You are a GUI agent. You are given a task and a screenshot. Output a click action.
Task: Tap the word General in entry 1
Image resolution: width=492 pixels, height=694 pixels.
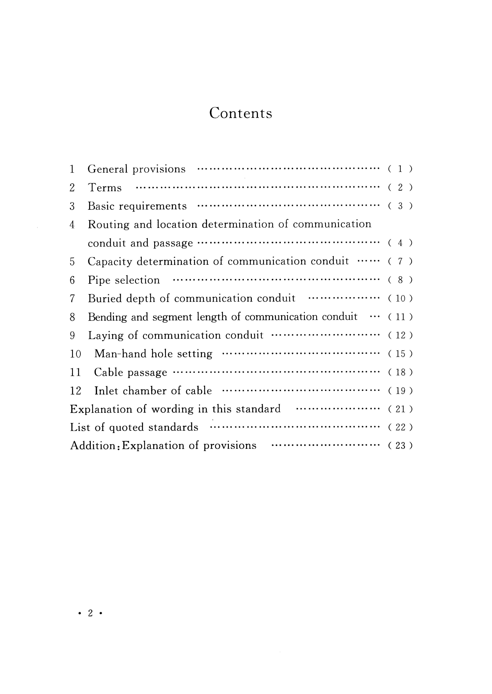pyautogui.click(x=108, y=169)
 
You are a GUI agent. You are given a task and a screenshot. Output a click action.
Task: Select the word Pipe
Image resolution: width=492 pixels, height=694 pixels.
pyautogui.click(x=99, y=280)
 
